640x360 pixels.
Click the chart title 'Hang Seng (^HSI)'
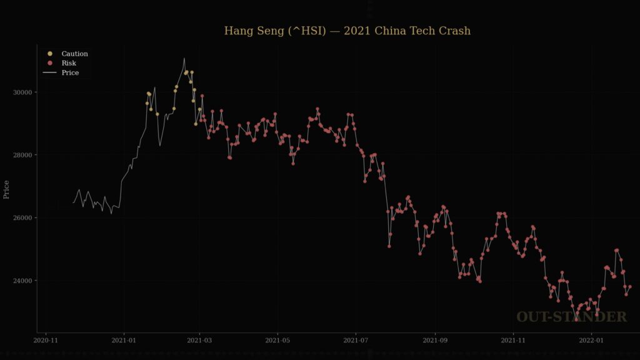347,31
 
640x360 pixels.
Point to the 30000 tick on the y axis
23,92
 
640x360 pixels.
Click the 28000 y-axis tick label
23,155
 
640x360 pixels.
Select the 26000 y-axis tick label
23,218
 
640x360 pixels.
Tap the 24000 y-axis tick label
23,281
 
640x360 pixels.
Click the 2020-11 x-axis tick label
45,341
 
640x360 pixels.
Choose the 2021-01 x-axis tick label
123,341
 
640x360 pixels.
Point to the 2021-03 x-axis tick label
199,341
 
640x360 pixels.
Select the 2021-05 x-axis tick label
278,341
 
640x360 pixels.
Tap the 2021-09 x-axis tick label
436,341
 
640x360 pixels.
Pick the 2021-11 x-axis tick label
514,341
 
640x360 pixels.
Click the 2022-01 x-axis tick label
592,341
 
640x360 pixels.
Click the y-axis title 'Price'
7,189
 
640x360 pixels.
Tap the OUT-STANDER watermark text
571,317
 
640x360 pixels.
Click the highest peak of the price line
184,59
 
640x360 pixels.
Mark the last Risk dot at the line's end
629,287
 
